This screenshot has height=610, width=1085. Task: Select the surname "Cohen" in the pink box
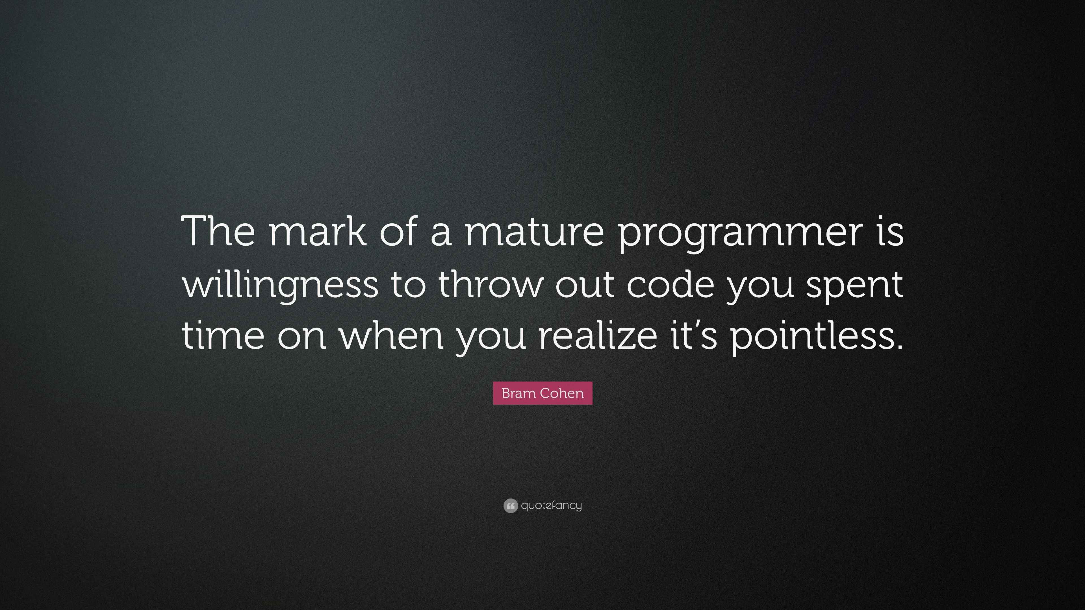(562, 393)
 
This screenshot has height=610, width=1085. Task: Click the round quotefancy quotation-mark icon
(511, 506)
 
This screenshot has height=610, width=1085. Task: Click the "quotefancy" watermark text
(551, 506)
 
